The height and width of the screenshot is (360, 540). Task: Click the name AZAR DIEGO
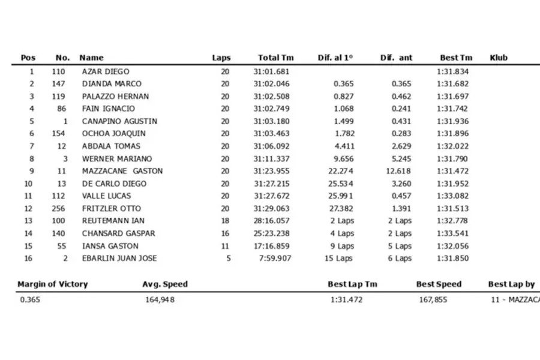pyautogui.click(x=106, y=71)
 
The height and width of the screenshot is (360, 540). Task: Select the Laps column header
pyautogui.click(x=221, y=58)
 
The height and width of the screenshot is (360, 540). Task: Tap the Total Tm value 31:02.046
pyautogui.click(x=271, y=84)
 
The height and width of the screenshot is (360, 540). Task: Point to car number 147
pyautogui.click(x=58, y=84)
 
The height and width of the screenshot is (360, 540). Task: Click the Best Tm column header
pyautogui.click(x=456, y=58)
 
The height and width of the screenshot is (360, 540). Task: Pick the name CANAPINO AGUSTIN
pyautogui.click(x=119, y=121)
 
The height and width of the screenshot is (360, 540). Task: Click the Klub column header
pyautogui.click(x=499, y=58)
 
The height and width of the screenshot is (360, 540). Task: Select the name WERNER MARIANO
pyautogui.click(x=117, y=158)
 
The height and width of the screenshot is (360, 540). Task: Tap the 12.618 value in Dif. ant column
pyautogui.click(x=400, y=171)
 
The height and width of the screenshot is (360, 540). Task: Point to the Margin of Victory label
pyautogui.click(x=52, y=284)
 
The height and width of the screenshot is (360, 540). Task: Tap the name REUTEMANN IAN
pyautogui.click(x=113, y=221)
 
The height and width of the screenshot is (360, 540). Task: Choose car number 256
pyautogui.click(x=58, y=208)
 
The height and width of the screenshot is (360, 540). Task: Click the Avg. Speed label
pyautogui.click(x=165, y=284)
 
